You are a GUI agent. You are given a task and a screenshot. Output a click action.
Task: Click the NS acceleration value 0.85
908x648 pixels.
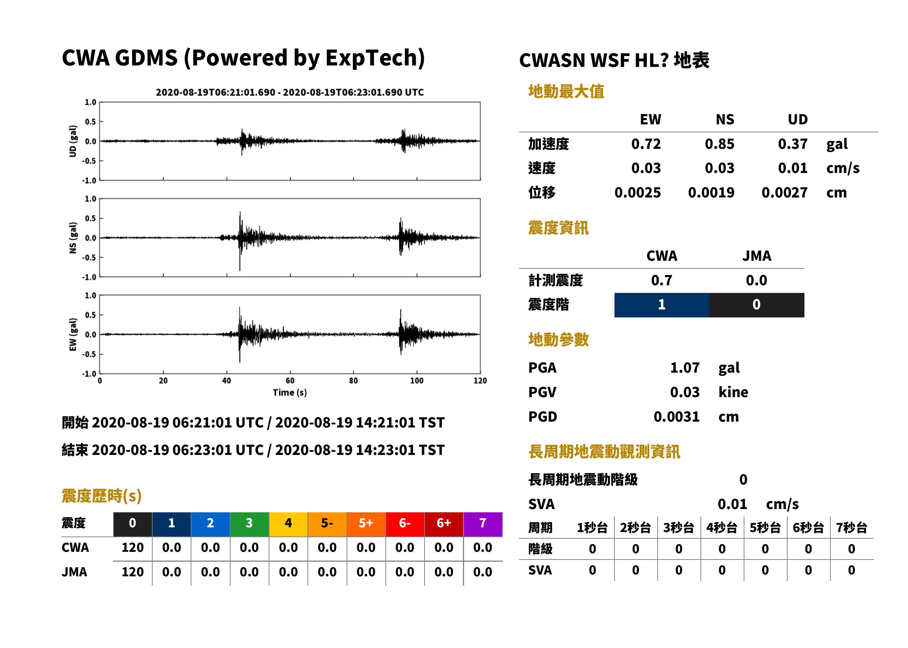pyautogui.click(x=719, y=144)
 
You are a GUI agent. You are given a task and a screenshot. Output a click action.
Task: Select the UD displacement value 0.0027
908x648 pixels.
pyautogui.click(x=784, y=193)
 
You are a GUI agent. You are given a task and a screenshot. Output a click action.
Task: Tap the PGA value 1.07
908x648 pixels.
pyautogui.click(x=684, y=368)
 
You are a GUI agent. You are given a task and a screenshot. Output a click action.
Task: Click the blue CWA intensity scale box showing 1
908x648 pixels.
pyautogui.click(x=662, y=305)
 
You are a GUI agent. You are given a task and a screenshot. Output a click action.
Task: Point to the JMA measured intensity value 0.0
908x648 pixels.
pyautogui.click(x=756, y=280)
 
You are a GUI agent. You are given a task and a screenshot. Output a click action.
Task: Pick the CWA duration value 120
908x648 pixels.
pyautogui.click(x=132, y=547)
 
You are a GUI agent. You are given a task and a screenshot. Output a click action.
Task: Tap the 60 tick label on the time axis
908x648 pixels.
pyautogui.click(x=290, y=381)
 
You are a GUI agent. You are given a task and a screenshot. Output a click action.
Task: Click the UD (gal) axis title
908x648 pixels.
pyautogui.click(x=73, y=141)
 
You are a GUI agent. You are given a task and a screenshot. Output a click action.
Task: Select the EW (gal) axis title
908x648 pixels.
pyautogui.click(x=73, y=334)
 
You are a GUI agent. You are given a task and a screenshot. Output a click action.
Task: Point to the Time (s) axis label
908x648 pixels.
pyautogui.click(x=290, y=393)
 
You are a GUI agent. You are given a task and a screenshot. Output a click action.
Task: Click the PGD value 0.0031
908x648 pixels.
pyautogui.click(x=676, y=417)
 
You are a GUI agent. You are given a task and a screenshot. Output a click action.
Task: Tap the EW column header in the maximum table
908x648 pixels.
pyautogui.click(x=650, y=119)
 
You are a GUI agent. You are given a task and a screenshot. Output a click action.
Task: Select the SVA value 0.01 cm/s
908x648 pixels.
pyautogui.click(x=758, y=504)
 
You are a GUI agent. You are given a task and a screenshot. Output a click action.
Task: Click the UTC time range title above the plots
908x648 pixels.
pyautogui.click(x=289, y=92)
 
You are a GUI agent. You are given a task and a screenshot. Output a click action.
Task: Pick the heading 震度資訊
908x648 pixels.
pyautogui.click(x=558, y=228)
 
